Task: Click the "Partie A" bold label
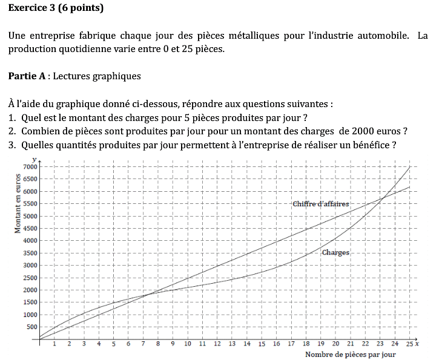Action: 28,76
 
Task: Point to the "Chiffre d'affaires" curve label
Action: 320,204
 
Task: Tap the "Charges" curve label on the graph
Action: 335,252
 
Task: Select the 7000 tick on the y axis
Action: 30,166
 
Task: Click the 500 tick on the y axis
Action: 31,327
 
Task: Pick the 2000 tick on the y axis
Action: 30,290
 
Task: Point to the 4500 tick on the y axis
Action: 30,228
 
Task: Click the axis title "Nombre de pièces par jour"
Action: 350,355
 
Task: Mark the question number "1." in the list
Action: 12,117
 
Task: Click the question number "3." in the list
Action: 12,145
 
